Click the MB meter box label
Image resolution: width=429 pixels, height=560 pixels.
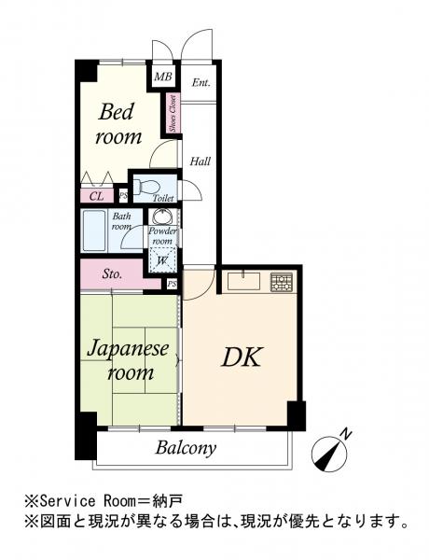coord(163,77)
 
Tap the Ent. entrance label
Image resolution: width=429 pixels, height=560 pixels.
coord(201,83)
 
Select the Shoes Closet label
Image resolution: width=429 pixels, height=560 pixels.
coord(173,114)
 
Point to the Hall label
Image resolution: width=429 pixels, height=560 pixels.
coord(200,161)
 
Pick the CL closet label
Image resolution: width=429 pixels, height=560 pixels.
coord(96,196)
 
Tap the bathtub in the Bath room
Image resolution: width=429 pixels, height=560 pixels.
coord(94,231)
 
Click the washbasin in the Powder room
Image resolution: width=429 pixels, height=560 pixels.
coord(163,217)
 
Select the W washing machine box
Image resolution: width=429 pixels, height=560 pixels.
coord(162,260)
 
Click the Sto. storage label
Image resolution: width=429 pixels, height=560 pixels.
coord(112,274)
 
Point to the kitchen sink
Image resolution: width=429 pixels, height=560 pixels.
coord(245,282)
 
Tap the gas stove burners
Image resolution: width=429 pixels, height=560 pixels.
coord(282,282)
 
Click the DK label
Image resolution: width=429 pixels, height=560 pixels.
coord(242,357)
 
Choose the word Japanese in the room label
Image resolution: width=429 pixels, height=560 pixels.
coord(128,348)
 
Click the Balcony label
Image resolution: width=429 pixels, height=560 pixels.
coord(186,448)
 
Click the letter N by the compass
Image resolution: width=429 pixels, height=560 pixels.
coord(345,434)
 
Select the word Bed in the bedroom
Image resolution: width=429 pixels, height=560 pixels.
coord(116,111)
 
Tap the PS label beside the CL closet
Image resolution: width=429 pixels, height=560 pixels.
coord(123,196)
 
